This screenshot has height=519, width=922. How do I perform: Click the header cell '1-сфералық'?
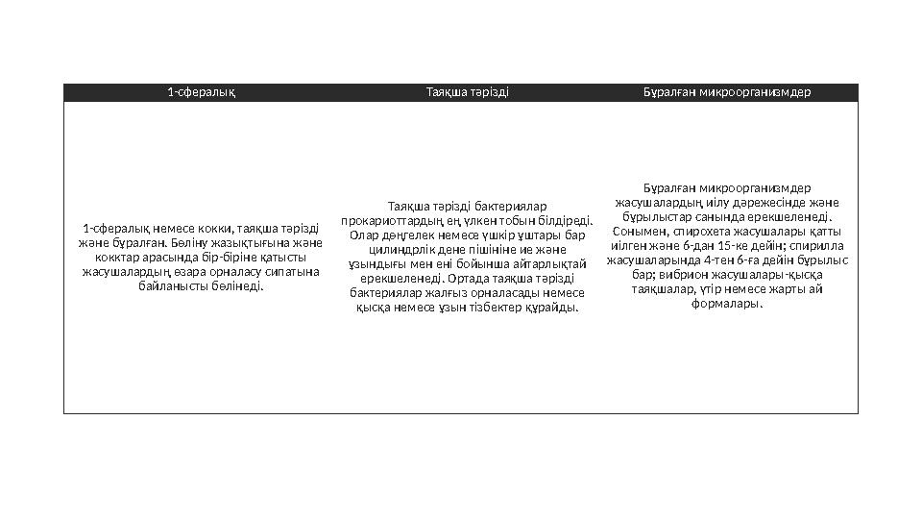(x=202, y=93)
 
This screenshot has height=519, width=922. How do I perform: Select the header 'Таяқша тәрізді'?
(x=467, y=93)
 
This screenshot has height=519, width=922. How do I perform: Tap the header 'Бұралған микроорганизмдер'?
(x=727, y=93)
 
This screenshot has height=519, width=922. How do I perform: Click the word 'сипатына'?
(x=294, y=271)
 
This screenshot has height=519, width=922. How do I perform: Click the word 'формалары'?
(x=727, y=304)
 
